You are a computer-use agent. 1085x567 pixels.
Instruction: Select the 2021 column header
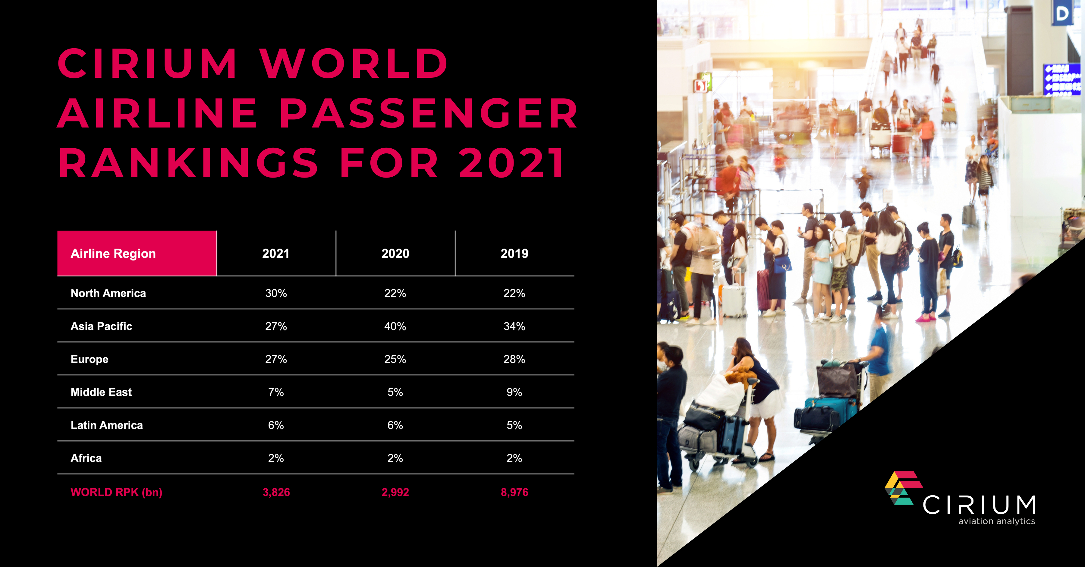[x=276, y=254]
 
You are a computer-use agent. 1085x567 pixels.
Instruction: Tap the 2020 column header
[x=395, y=254]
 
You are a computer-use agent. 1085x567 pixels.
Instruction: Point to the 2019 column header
[x=514, y=254]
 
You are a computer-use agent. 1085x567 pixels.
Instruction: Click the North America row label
[x=108, y=293]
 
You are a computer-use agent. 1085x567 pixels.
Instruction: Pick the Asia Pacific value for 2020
[x=395, y=326]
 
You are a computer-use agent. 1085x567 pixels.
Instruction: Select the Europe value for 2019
[x=514, y=359]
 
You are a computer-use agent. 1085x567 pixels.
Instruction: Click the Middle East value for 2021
[x=276, y=392]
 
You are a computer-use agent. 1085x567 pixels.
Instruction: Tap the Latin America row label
[x=107, y=425]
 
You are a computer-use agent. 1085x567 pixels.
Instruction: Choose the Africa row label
[x=86, y=458]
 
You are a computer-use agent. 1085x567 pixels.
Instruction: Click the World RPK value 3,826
[x=276, y=492]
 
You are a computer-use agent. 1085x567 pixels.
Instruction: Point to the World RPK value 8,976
[x=514, y=492]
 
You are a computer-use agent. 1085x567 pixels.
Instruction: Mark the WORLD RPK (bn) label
[x=116, y=492]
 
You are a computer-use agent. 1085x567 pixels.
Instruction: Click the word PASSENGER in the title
[x=428, y=113]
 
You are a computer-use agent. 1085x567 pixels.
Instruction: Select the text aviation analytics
[x=997, y=521]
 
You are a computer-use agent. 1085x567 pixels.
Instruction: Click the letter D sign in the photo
[x=1062, y=14]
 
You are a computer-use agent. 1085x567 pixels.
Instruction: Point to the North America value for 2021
[x=276, y=293]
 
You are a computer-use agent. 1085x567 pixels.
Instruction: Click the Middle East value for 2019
[x=514, y=392]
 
